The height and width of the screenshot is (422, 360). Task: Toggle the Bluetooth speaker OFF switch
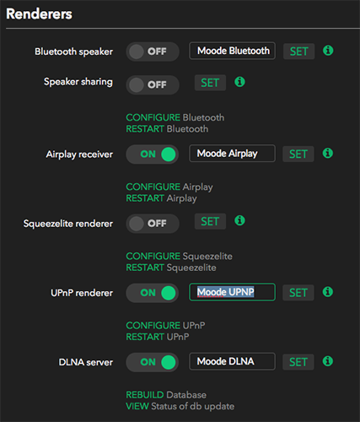[153, 51]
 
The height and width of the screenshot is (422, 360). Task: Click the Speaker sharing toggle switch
[153, 84]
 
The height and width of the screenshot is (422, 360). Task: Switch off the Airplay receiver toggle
[153, 154]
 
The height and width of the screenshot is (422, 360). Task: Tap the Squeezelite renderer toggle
[153, 224]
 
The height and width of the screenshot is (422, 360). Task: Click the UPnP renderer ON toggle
[153, 293]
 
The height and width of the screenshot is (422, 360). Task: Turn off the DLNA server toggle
[153, 362]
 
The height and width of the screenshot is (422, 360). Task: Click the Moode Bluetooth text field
[232, 51]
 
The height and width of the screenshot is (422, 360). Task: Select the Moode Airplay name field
[232, 154]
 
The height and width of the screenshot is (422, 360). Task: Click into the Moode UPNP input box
[232, 292]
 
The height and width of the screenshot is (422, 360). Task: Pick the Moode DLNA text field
[232, 361]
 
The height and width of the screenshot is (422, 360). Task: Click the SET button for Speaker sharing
[210, 83]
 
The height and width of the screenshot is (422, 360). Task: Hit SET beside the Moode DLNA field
[298, 362]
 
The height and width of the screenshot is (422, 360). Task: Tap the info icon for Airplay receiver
[328, 154]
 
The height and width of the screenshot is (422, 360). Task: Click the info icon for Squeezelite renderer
[239, 220]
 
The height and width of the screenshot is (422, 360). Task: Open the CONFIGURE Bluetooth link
[175, 117]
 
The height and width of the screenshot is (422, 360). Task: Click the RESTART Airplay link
[161, 198]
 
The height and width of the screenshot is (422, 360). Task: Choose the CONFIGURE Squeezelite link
[179, 256]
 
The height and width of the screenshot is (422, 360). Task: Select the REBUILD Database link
[166, 395]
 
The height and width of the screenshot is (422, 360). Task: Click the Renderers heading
[39, 14]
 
